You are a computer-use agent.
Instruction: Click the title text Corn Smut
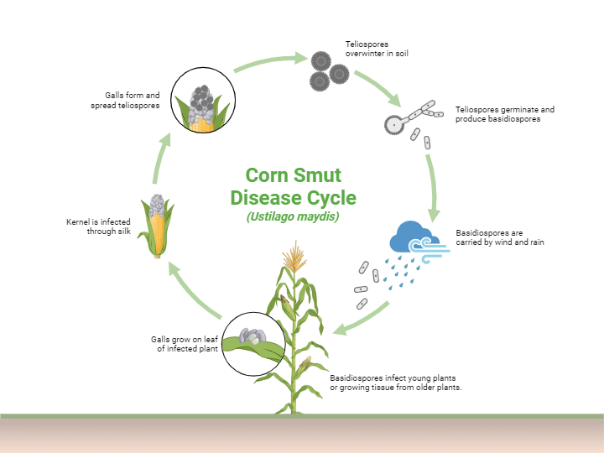pyautogui.click(x=293, y=175)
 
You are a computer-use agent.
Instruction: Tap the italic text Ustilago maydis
pyautogui.click(x=293, y=216)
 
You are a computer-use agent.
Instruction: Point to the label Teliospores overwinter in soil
pyautogui.click(x=377, y=48)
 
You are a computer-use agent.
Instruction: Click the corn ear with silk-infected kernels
pyautogui.click(x=158, y=225)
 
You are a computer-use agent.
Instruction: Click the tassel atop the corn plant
pyautogui.click(x=294, y=256)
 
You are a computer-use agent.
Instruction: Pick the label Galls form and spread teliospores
pyautogui.click(x=127, y=101)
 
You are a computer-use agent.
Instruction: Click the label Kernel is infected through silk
pyautogui.click(x=99, y=226)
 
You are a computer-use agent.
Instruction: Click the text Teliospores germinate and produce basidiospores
pyautogui.click(x=505, y=114)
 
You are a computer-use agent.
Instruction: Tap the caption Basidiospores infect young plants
pyautogui.click(x=396, y=383)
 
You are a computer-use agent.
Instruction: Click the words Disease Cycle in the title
pyautogui.click(x=293, y=198)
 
